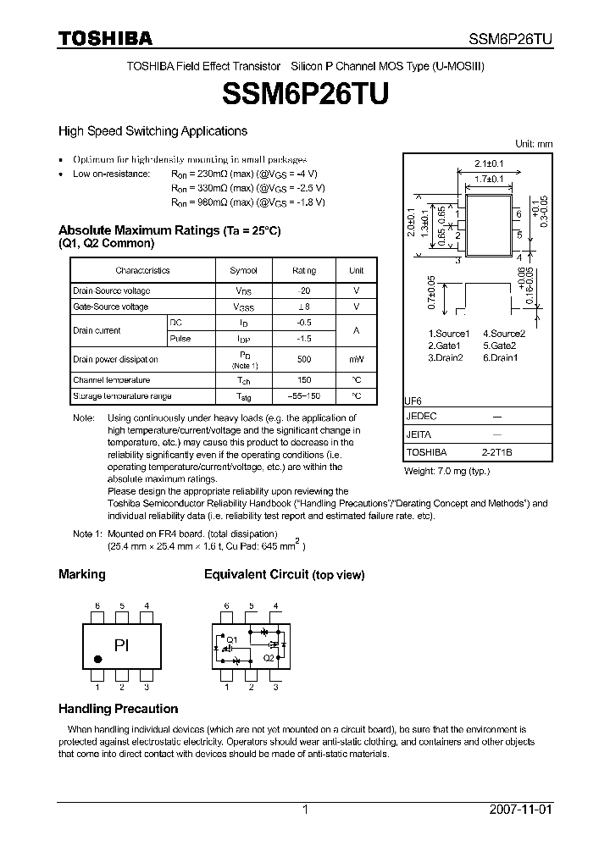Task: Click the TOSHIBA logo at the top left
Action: coord(105,38)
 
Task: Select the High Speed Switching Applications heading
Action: coord(152,131)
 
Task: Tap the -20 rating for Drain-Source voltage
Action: coord(304,290)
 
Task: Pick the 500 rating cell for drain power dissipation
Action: coord(304,360)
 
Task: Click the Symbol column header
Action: coord(243,271)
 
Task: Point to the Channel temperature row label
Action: coord(111,380)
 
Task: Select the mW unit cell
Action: coord(356,360)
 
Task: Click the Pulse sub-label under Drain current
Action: coord(180,339)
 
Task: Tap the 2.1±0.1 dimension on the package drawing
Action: coord(490,163)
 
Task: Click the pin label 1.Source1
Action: coord(449,334)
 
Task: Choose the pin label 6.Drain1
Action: coord(500,357)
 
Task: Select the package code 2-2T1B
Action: coord(496,452)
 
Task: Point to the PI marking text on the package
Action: coord(122,645)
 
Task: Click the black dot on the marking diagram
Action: coord(98,659)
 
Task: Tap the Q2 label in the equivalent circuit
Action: coord(268,656)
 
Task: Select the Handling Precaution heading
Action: coord(118,709)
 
